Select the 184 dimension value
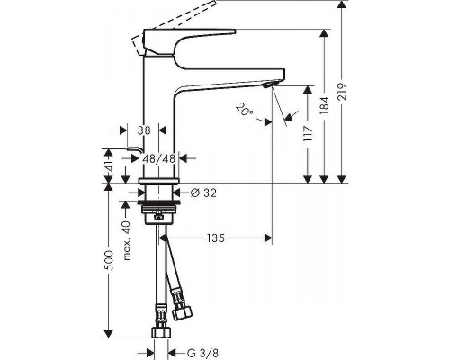tap(331, 105)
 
